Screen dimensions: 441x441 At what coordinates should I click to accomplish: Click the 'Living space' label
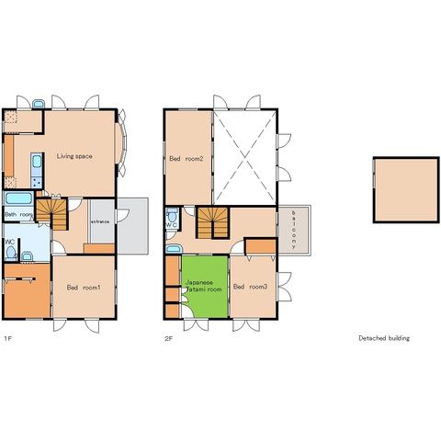click(74, 156)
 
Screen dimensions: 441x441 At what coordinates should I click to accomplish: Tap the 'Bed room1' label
click(84, 288)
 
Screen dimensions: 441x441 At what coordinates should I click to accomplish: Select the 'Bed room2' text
click(187, 159)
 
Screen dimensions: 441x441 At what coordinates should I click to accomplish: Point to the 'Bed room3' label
click(250, 287)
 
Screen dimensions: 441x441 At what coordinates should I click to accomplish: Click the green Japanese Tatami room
click(205, 287)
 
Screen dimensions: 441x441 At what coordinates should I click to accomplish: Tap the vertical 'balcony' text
click(293, 230)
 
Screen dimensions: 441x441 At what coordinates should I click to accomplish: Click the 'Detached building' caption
click(384, 338)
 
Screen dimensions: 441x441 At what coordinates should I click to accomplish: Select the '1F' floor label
click(8, 339)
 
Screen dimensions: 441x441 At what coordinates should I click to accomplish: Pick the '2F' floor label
click(169, 339)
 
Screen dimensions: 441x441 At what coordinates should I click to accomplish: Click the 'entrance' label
click(100, 221)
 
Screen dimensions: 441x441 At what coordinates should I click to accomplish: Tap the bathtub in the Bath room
click(19, 198)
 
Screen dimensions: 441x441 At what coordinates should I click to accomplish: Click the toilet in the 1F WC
click(11, 254)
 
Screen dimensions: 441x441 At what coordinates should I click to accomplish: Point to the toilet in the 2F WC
click(173, 215)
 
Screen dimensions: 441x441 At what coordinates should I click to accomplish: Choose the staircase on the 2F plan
click(213, 223)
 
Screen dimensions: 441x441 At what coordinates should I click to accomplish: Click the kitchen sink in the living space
click(37, 162)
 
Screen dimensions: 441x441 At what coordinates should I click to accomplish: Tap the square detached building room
click(406, 190)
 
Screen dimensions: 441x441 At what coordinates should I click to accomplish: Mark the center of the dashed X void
click(244, 158)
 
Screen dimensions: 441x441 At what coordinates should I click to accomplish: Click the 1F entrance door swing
click(123, 215)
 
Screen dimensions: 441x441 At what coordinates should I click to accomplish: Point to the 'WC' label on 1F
click(10, 242)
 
